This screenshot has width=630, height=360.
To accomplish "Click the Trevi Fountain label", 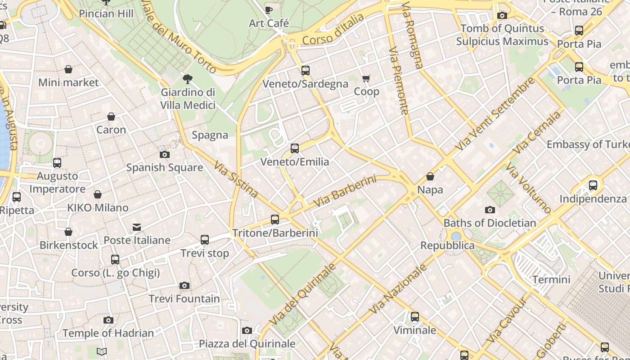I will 184,299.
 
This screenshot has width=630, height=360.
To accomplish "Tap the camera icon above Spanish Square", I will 165,154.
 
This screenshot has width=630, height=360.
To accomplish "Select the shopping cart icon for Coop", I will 366,79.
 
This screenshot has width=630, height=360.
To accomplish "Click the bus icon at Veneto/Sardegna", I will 306,71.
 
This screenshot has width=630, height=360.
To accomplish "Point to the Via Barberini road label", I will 344,191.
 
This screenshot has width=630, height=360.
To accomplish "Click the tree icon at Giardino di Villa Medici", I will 188,79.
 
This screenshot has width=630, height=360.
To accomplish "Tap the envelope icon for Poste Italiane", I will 137,227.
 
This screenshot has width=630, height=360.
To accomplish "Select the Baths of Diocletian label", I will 490,223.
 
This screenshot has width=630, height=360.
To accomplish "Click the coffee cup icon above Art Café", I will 269,10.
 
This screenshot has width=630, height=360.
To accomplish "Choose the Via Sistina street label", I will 236,180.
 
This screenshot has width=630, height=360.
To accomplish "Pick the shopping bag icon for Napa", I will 430,176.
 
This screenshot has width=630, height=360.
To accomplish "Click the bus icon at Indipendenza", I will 593,185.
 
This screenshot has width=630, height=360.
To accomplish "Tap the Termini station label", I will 551,279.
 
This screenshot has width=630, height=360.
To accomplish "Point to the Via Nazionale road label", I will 397,289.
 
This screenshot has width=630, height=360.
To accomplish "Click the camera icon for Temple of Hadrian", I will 108,320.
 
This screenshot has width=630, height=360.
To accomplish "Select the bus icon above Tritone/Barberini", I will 275,220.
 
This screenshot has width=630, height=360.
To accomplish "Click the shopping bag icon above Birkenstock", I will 68,232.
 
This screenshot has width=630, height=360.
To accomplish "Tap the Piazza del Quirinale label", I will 247,344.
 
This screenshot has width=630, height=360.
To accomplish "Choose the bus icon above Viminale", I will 415,317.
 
